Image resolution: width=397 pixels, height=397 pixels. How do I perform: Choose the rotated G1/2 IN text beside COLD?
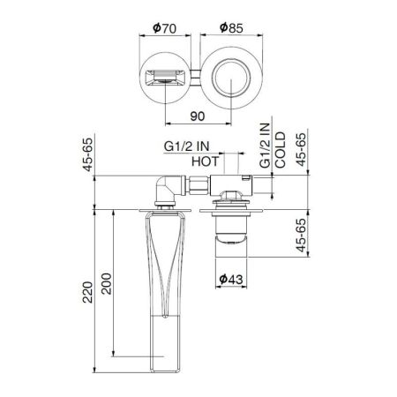coord(265,149)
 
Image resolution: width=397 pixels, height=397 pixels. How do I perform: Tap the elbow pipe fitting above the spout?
coord(166,189)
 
